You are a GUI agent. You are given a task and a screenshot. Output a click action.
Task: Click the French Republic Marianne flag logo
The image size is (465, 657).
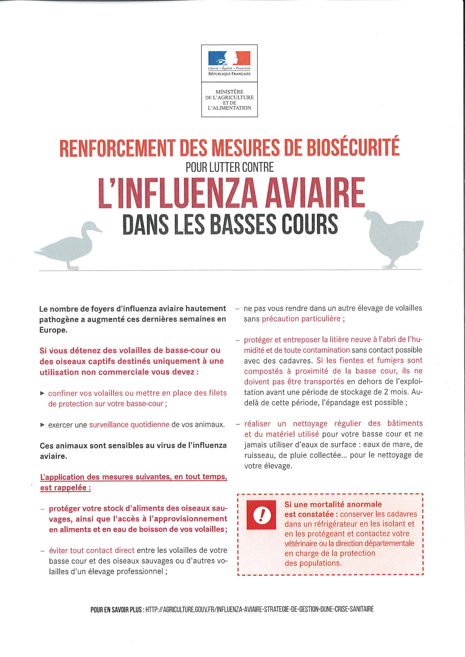[229, 58]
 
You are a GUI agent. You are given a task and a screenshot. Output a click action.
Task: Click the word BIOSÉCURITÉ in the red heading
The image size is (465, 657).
[353, 148]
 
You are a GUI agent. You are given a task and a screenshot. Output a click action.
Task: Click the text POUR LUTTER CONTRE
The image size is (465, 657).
[230, 167]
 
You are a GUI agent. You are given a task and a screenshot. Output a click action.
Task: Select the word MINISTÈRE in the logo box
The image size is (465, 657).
[229, 92]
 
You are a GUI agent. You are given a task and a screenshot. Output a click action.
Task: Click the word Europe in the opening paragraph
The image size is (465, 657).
[53, 330]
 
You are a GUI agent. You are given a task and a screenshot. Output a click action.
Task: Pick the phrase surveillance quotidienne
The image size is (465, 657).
[129, 424]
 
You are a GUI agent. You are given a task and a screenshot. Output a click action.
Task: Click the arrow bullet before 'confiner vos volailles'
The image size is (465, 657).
[42, 393]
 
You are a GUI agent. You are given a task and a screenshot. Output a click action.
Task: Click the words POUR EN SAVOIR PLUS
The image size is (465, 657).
[116, 610]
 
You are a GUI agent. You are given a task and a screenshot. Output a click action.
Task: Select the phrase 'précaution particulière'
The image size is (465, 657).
[301, 319]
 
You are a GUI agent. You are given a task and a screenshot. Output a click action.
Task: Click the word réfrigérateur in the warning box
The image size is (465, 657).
[337, 524]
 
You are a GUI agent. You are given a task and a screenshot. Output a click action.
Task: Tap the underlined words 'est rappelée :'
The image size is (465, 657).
[66, 488]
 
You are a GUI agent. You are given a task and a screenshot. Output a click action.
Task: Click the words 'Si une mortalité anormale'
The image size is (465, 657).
[333, 504]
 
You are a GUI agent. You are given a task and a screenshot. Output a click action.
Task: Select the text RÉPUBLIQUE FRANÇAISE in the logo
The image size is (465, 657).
[229, 74]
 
